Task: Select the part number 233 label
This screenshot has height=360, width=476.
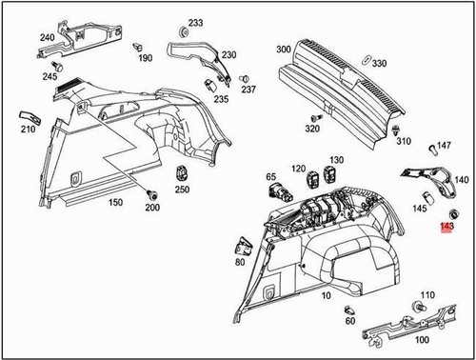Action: (195, 22)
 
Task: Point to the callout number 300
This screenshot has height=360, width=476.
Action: (283, 49)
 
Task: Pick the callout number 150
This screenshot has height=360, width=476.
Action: (115, 203)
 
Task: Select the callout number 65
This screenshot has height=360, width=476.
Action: (271, 176)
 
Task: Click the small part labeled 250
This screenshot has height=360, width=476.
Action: (181, 174)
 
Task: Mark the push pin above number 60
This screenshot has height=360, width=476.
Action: (351, 309)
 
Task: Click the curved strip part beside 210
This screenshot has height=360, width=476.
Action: (28, 115)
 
